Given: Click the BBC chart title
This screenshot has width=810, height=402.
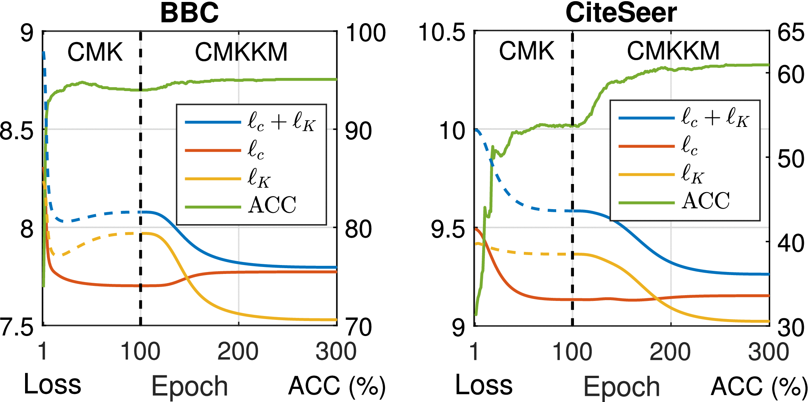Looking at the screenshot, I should [189, 13].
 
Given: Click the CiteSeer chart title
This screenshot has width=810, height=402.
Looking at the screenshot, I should [621, 13].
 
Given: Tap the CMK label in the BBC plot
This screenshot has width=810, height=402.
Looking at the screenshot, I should [95, 52].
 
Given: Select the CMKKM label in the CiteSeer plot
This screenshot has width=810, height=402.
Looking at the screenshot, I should [673, 51].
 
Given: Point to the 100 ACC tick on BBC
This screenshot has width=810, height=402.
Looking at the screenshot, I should [365, 33].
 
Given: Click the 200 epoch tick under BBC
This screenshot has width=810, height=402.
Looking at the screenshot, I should [238, 351].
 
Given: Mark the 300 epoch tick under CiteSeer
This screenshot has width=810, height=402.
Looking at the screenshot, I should [768, 352].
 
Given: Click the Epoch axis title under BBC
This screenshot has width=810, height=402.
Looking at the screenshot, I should [189, 386].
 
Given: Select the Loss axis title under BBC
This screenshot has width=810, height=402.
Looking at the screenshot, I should [52, 384].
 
